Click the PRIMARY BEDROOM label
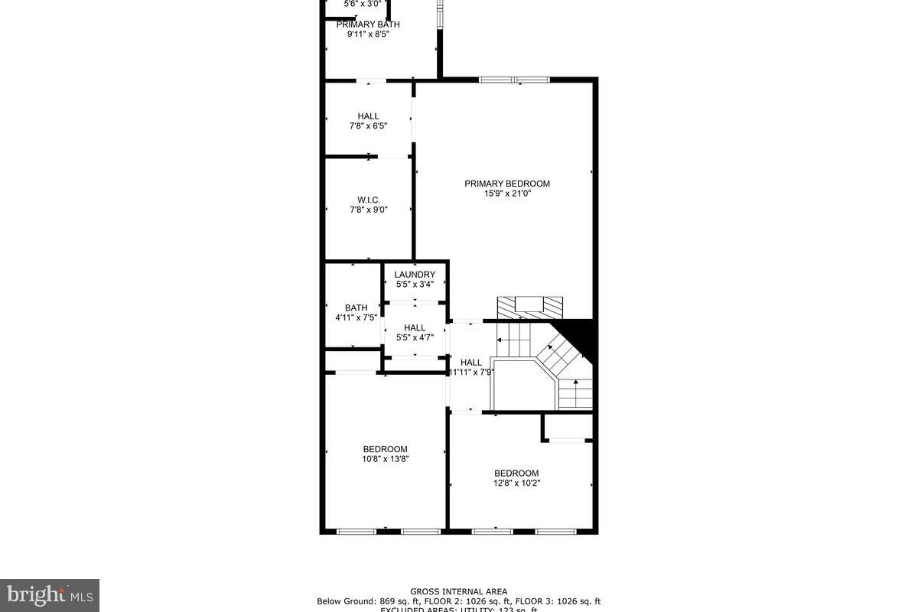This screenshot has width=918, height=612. (507, 184)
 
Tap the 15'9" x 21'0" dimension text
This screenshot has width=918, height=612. (507, 194)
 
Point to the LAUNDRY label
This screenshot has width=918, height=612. (415, 275)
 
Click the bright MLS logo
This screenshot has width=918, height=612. (50, 594)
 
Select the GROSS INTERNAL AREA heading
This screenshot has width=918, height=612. (458, 591)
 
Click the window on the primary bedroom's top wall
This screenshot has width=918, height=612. (514, 79)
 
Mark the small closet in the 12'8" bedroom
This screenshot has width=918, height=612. (568, 426)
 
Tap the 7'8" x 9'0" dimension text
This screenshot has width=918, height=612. (369, 210)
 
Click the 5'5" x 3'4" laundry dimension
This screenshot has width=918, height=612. (415, 285)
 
